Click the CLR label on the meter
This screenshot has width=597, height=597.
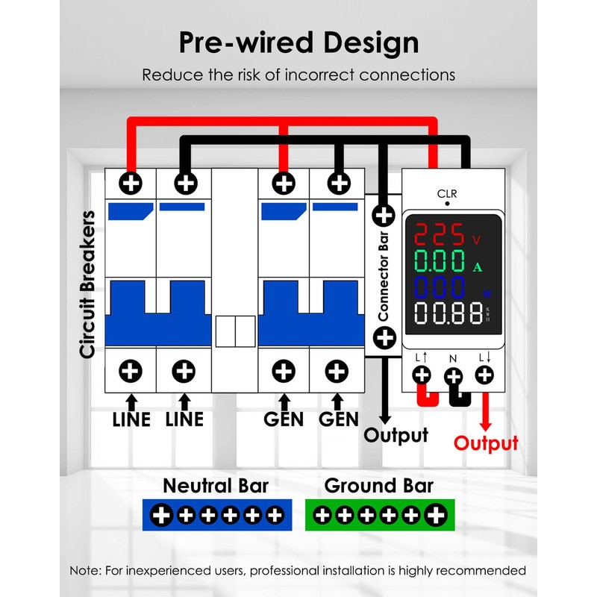(x=447, y=194)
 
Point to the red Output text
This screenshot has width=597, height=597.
(x=487, y=443)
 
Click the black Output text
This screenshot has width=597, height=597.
(x=396, y=435)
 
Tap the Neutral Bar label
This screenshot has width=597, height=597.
(x=216, y=487)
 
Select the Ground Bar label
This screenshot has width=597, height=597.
(x=378, y=487)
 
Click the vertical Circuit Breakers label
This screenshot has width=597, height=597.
(x=88, y=284)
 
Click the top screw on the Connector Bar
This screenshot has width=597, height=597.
(x=384, y=216)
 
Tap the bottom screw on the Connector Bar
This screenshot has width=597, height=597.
(x=384, y=337)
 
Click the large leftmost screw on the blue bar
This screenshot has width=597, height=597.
(x=163, y=514)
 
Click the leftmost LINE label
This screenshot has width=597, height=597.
(x=131, y=419)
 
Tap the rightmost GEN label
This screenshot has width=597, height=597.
(x=339, y=419)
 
